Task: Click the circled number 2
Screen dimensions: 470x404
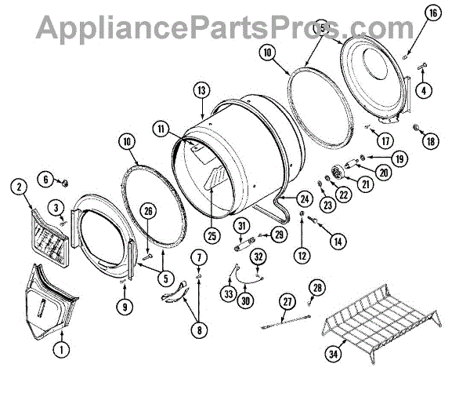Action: coord(17,187)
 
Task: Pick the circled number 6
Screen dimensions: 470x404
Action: coord(47,180)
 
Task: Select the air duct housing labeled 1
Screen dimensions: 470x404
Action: coord(52,301)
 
